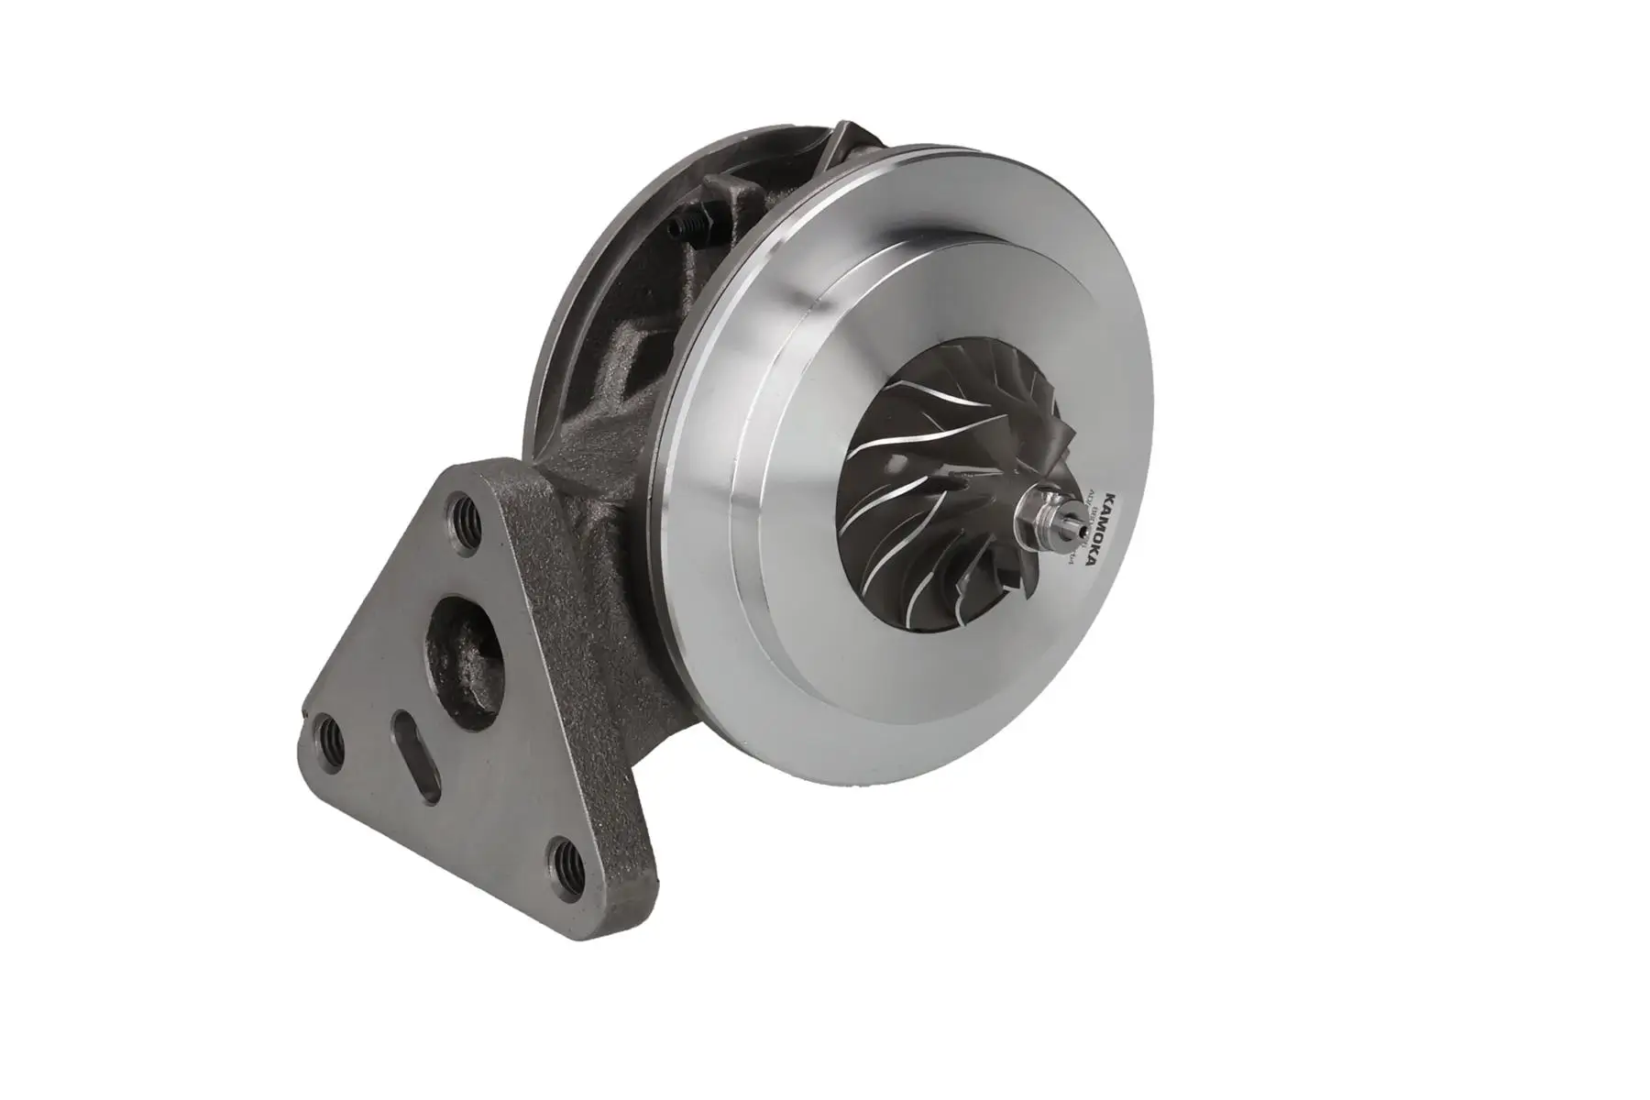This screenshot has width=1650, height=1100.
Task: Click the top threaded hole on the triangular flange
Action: (x=462, y=511)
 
